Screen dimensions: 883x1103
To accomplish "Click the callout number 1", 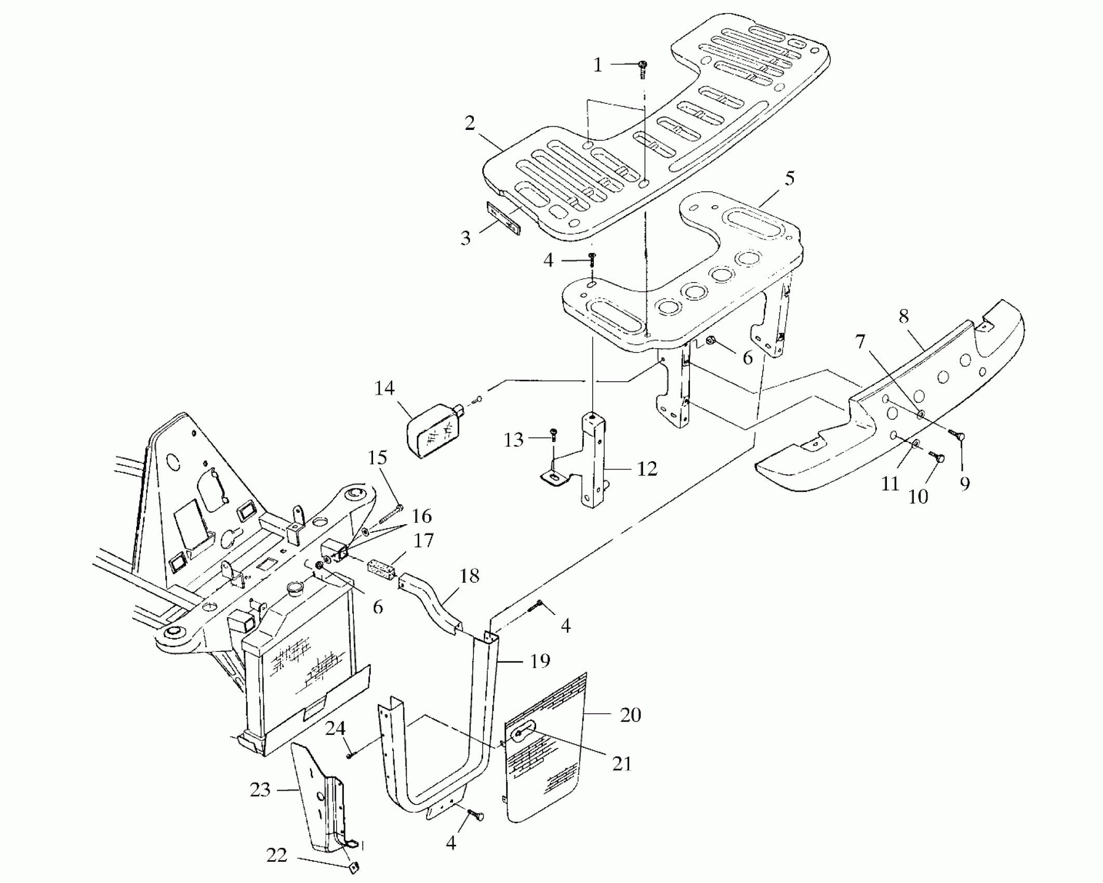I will click(597, 65).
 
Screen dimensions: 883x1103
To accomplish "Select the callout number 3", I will click(466, 238).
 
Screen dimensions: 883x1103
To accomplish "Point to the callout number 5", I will click(789, 179).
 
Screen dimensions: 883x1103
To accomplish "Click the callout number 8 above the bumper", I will click(903, 316).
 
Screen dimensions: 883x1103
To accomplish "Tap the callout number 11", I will click(890, 484).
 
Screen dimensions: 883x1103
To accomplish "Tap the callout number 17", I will click(423, 540).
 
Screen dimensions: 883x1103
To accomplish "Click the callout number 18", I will click(469, 576).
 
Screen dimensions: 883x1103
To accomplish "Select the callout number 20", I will click(630, 715).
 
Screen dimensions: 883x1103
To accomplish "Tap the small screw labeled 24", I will click(350, 755).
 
